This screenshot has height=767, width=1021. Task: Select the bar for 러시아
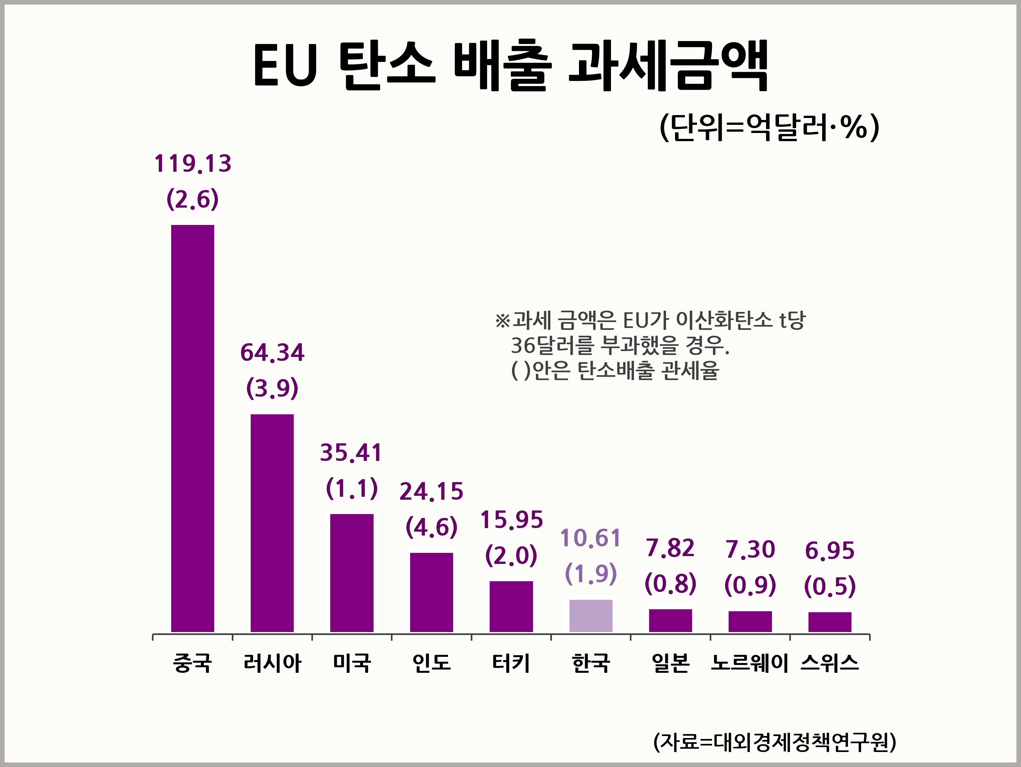[x=272, y=523]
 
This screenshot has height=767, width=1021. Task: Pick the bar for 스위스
[x=829, y=622]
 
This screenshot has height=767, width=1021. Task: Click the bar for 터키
[x=511, y=606]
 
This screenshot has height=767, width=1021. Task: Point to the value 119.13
[x=192, y=164]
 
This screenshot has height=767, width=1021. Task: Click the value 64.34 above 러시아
[x=272, y=353]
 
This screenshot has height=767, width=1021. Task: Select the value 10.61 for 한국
[x=590, y=538]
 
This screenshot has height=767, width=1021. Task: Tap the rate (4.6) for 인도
[x=431, y=527]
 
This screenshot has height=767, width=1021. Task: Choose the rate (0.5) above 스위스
[x=829, y=586]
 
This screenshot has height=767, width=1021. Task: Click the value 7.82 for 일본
[x=670, y=548]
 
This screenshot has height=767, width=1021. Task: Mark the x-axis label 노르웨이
[x=749, y=663]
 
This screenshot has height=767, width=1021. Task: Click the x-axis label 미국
[x=352, y=663]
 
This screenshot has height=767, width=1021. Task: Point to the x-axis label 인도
[x=431, y=663]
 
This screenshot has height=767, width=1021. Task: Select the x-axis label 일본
[x=670, y=663]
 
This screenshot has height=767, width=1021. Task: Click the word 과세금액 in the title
[x=668, y=66]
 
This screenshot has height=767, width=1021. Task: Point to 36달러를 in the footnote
[x=552, y=345]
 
